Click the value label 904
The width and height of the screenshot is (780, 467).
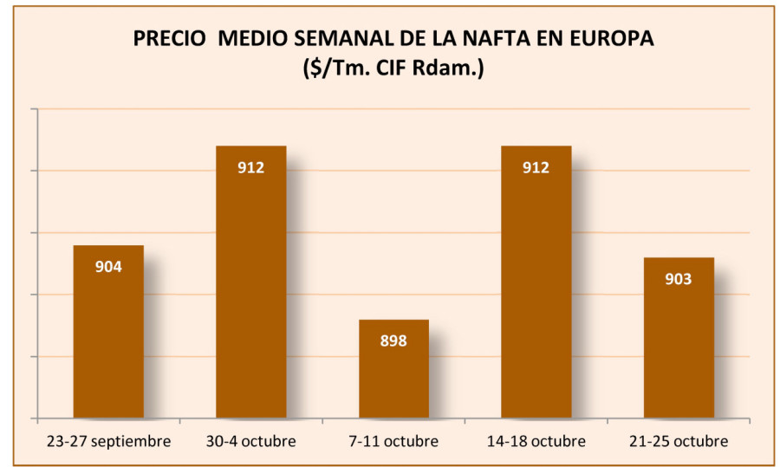point(108,267)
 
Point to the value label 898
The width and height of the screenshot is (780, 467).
point(393,341)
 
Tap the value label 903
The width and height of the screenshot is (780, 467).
point(679,279)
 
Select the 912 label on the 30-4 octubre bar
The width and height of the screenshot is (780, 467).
point(250,167)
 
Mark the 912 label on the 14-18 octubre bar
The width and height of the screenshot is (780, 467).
point(536,167)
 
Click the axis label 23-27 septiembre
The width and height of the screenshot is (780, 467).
point(108,442)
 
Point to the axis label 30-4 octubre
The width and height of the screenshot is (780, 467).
point(250,442)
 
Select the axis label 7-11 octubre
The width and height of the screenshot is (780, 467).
point(393,442)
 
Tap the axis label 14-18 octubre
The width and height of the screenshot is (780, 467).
point(536,442)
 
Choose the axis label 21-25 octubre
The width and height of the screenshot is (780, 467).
point(679,442)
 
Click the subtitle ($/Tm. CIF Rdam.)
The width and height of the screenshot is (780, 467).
point(393,68)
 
